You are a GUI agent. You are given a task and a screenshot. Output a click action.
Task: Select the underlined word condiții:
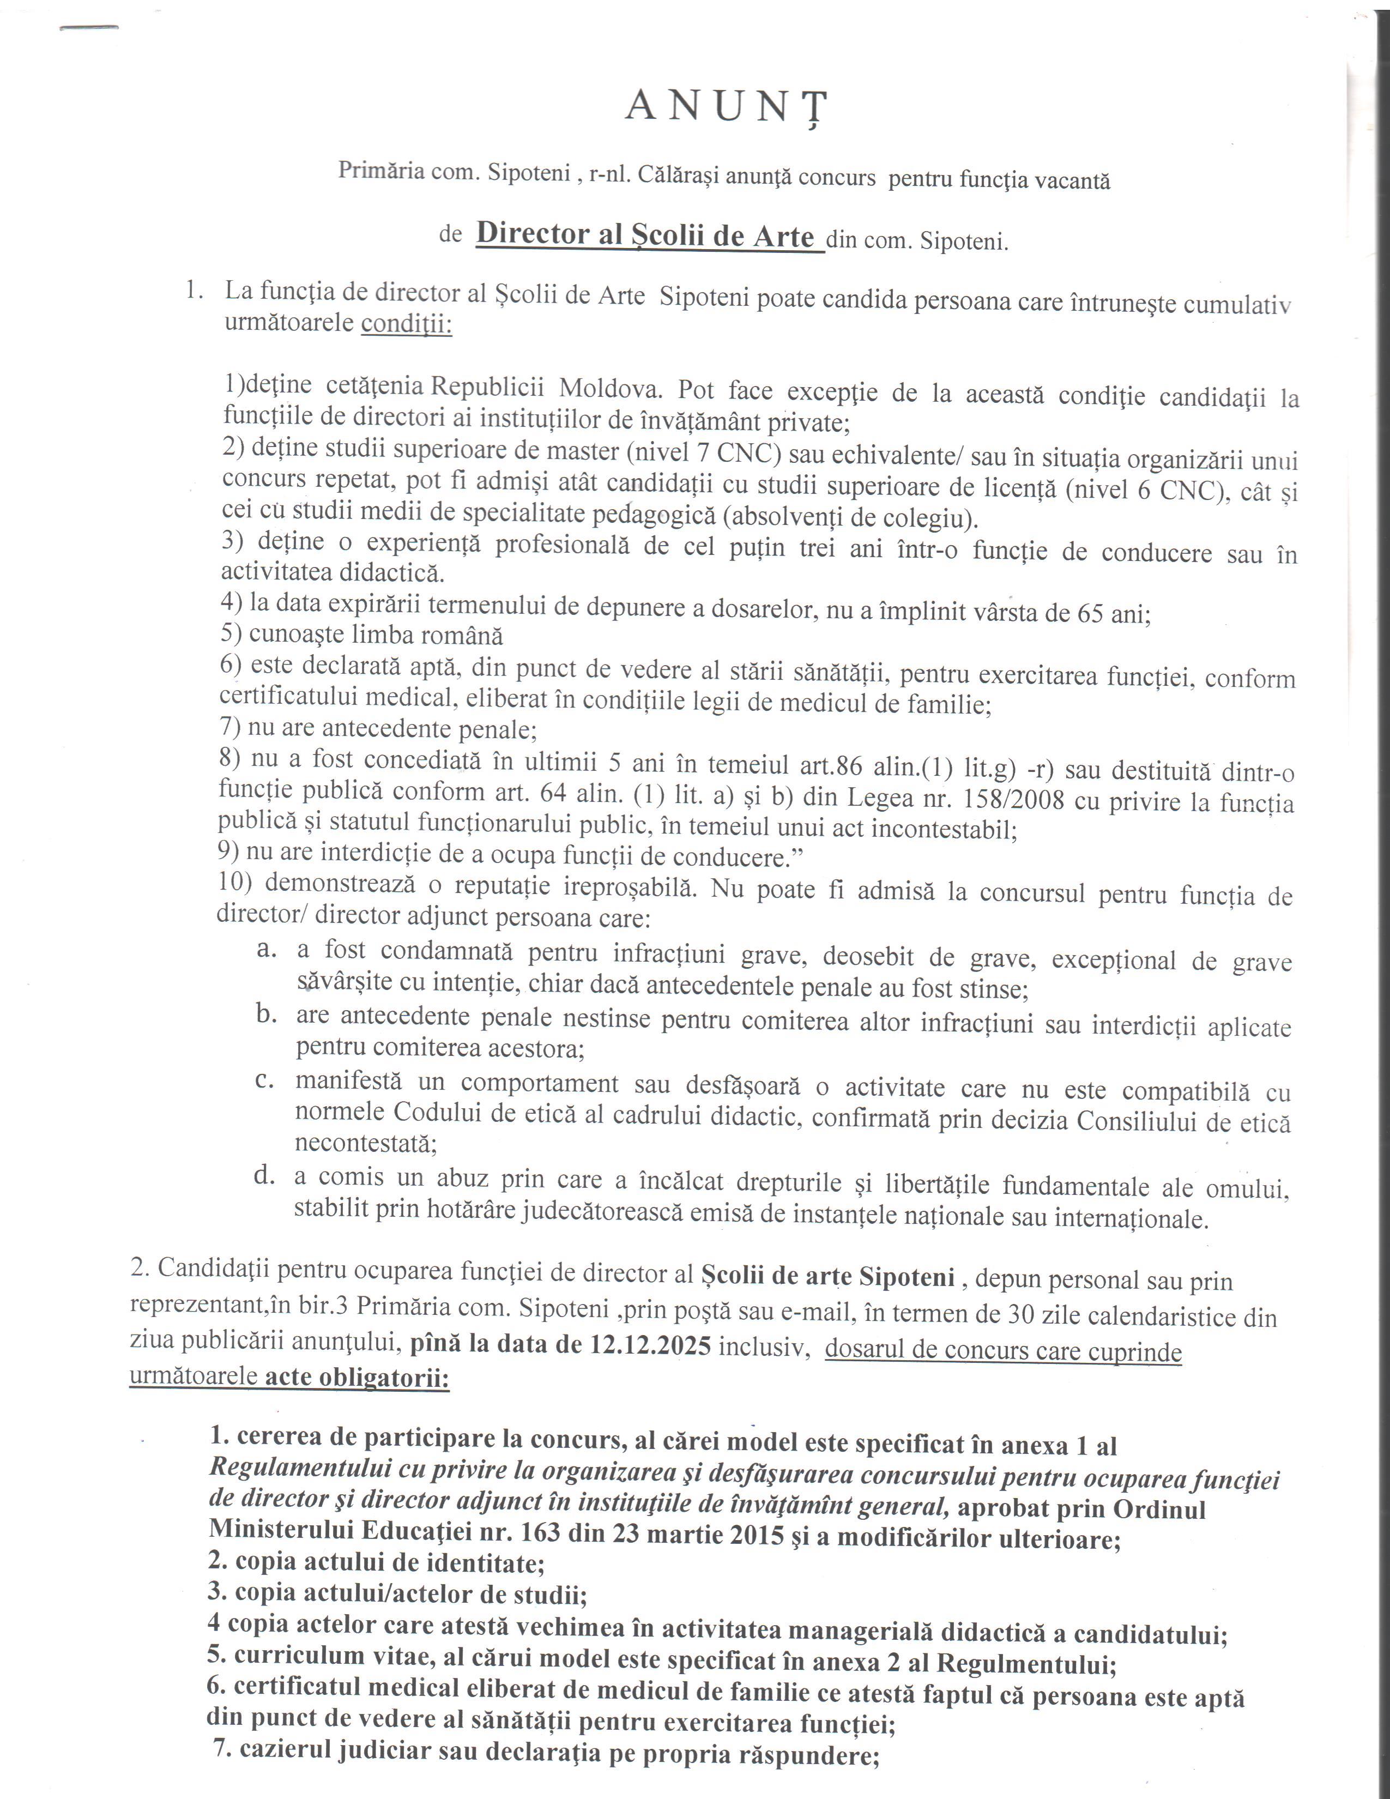(x=407, y=324)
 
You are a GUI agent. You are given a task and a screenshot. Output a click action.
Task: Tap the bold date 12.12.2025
(x=650, y=1344)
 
